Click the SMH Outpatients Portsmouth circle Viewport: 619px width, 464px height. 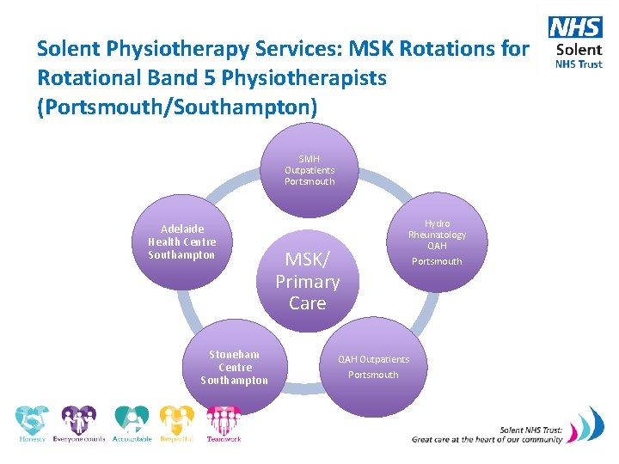(x=309, y=169)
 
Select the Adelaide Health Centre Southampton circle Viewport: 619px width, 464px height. (x=182, y=243)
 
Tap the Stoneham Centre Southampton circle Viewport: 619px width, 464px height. (x=234, y=367)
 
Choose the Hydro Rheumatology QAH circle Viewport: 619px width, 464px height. (x=437, y=241)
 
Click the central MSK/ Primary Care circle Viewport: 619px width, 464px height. (x=308, y=281)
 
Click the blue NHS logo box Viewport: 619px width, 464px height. (x=575, y=27)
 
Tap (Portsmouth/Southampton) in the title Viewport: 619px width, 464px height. (x=178, y=107)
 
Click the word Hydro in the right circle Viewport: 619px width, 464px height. (x=437, y=223)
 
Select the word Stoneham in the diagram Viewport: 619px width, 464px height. (x=234, y=354)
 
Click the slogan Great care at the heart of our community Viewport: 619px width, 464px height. (x=487, y=439)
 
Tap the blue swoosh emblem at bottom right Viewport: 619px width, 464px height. (x=591, y=426)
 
